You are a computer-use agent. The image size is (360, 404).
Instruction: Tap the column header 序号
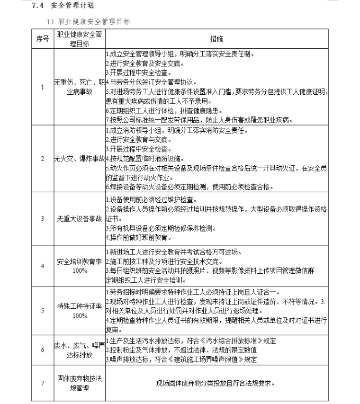click(x=42, y=39)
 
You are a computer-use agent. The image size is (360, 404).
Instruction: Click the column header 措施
click(x=216, y=39)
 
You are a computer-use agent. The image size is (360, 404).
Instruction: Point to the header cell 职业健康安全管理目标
click(x=79, y=39)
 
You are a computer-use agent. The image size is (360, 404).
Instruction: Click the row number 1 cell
click(x=42, y=87)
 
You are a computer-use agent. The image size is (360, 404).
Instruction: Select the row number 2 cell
click(x=42, y=158)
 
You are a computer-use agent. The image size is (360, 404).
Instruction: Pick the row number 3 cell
click(x=42, y=218)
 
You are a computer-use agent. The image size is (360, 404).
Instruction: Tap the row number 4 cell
click(x=42, y=266)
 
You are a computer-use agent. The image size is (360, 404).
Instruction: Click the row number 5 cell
click(x=42, y=310)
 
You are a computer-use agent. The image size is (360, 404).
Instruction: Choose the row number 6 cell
click(x=42, y=350)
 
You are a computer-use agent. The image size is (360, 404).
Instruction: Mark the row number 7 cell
click(x=42, y=383)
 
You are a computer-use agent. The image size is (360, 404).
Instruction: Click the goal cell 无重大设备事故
click(x=79, y=218)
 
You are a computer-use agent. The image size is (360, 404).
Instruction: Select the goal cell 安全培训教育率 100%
click(x=79, y=266)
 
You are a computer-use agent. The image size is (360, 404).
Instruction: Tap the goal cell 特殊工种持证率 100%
click(x=79, y=310)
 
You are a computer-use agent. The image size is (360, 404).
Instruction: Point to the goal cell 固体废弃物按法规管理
click(x=79, y=383)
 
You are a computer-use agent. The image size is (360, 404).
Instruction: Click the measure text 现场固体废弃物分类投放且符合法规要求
click(x=216, y=383)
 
